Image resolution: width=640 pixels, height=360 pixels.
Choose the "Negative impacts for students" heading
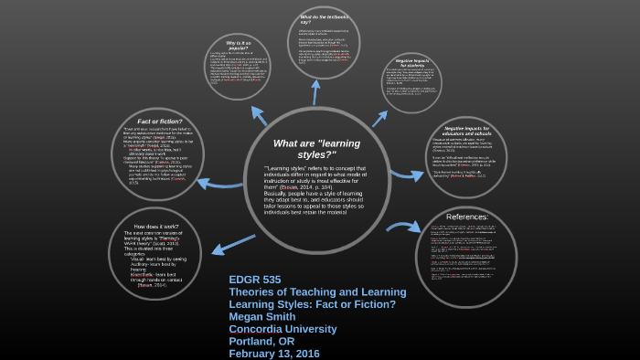coord(411,63)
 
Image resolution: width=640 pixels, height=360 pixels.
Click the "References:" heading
coord(466,217)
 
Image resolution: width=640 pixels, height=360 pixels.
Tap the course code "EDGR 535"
coord(255,280)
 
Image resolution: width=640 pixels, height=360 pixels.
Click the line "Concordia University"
coord(283,329)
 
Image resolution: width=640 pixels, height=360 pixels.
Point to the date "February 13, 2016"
coord(273,354)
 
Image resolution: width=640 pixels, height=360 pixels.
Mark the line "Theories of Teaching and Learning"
coord(317,291)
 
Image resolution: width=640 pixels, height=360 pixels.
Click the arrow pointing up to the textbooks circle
coord(316,92)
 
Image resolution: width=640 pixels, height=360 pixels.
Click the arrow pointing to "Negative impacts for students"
coord(379,118)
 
